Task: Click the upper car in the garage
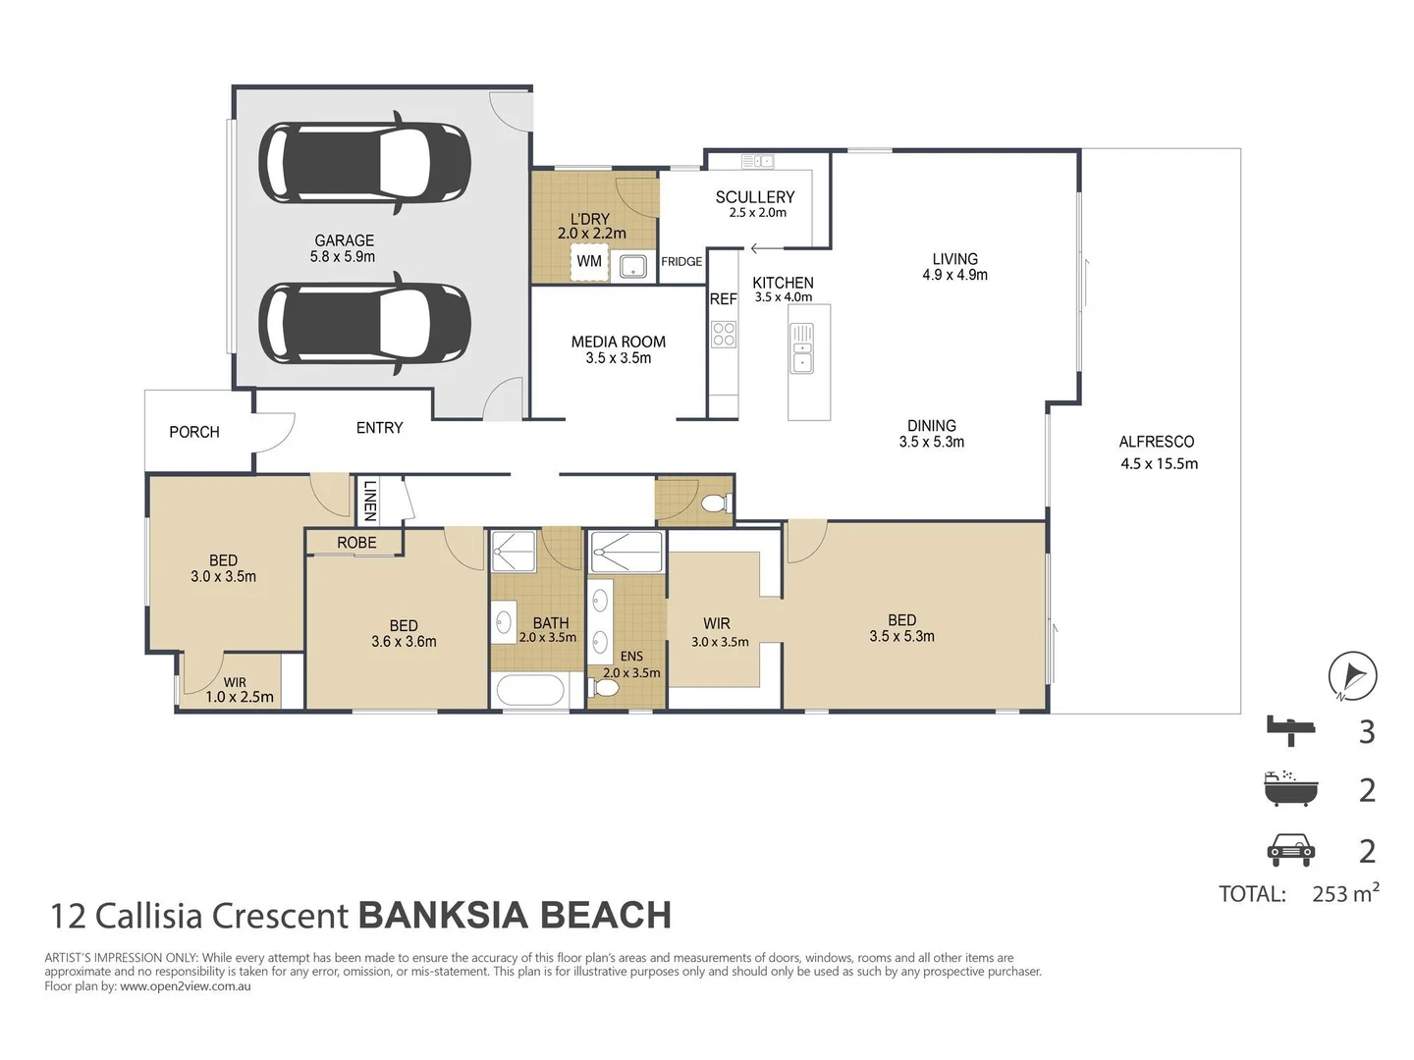click(x=364, y=163)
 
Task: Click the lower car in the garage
click(x=364, y=323)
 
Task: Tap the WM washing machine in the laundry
click(x=589, y=261)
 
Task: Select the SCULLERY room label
click(x=754, y=197)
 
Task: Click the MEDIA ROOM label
click(x=618, y=342)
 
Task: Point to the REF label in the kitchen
click(x=723, y=299)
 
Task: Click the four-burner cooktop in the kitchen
click(x=724, y=335)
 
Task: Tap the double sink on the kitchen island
click(x=802, y=348)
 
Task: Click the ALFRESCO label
click(x=1157, y=442)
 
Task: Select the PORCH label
click(x=194, y=432)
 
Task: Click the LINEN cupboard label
click(x=369, y=500)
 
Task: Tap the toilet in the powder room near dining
click(x=716, y=503)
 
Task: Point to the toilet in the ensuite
click(x=605, y=688)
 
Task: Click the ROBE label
click(x=356, y=543)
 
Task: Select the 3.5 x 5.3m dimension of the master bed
click(x=901, y=637)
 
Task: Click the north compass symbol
click(x=1352, y=676)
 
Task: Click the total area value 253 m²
click(x=1344, y=893)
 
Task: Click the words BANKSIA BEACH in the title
click(x=515, y=916)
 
